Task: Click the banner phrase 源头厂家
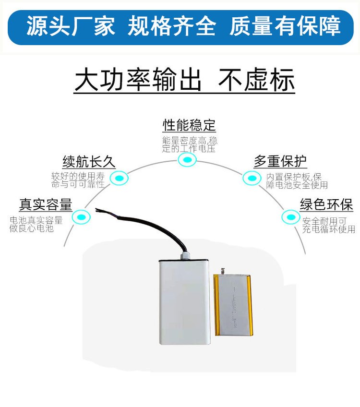pyautogui.click(x=71, y=26)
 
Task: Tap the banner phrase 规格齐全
pyautogui.click(x=172, y=26)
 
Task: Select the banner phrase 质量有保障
pyautogui.click(x=285, y=26)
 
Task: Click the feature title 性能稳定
pyautogui.click(x=189, y=126)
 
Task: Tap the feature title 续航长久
pyautogui.click(x=89, y=161)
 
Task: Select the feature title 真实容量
pyautogui.click(x=46, y=204)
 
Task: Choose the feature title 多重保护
pyautogui.click(x=280, y=161)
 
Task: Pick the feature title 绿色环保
pyautogui.click(x=326, y=204)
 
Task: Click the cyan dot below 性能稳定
pyautogui.click(x=187, y=160)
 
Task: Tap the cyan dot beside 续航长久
pyautogui.click(x=119, y=179)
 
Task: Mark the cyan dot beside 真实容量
pyautogui.click(x=81, y=217)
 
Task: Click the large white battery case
pyautogui.click(x=185, y=302)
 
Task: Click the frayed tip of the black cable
pyautogui.click(x=98, y=210)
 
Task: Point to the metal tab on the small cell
pyautogui.click(x=223, y=272)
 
